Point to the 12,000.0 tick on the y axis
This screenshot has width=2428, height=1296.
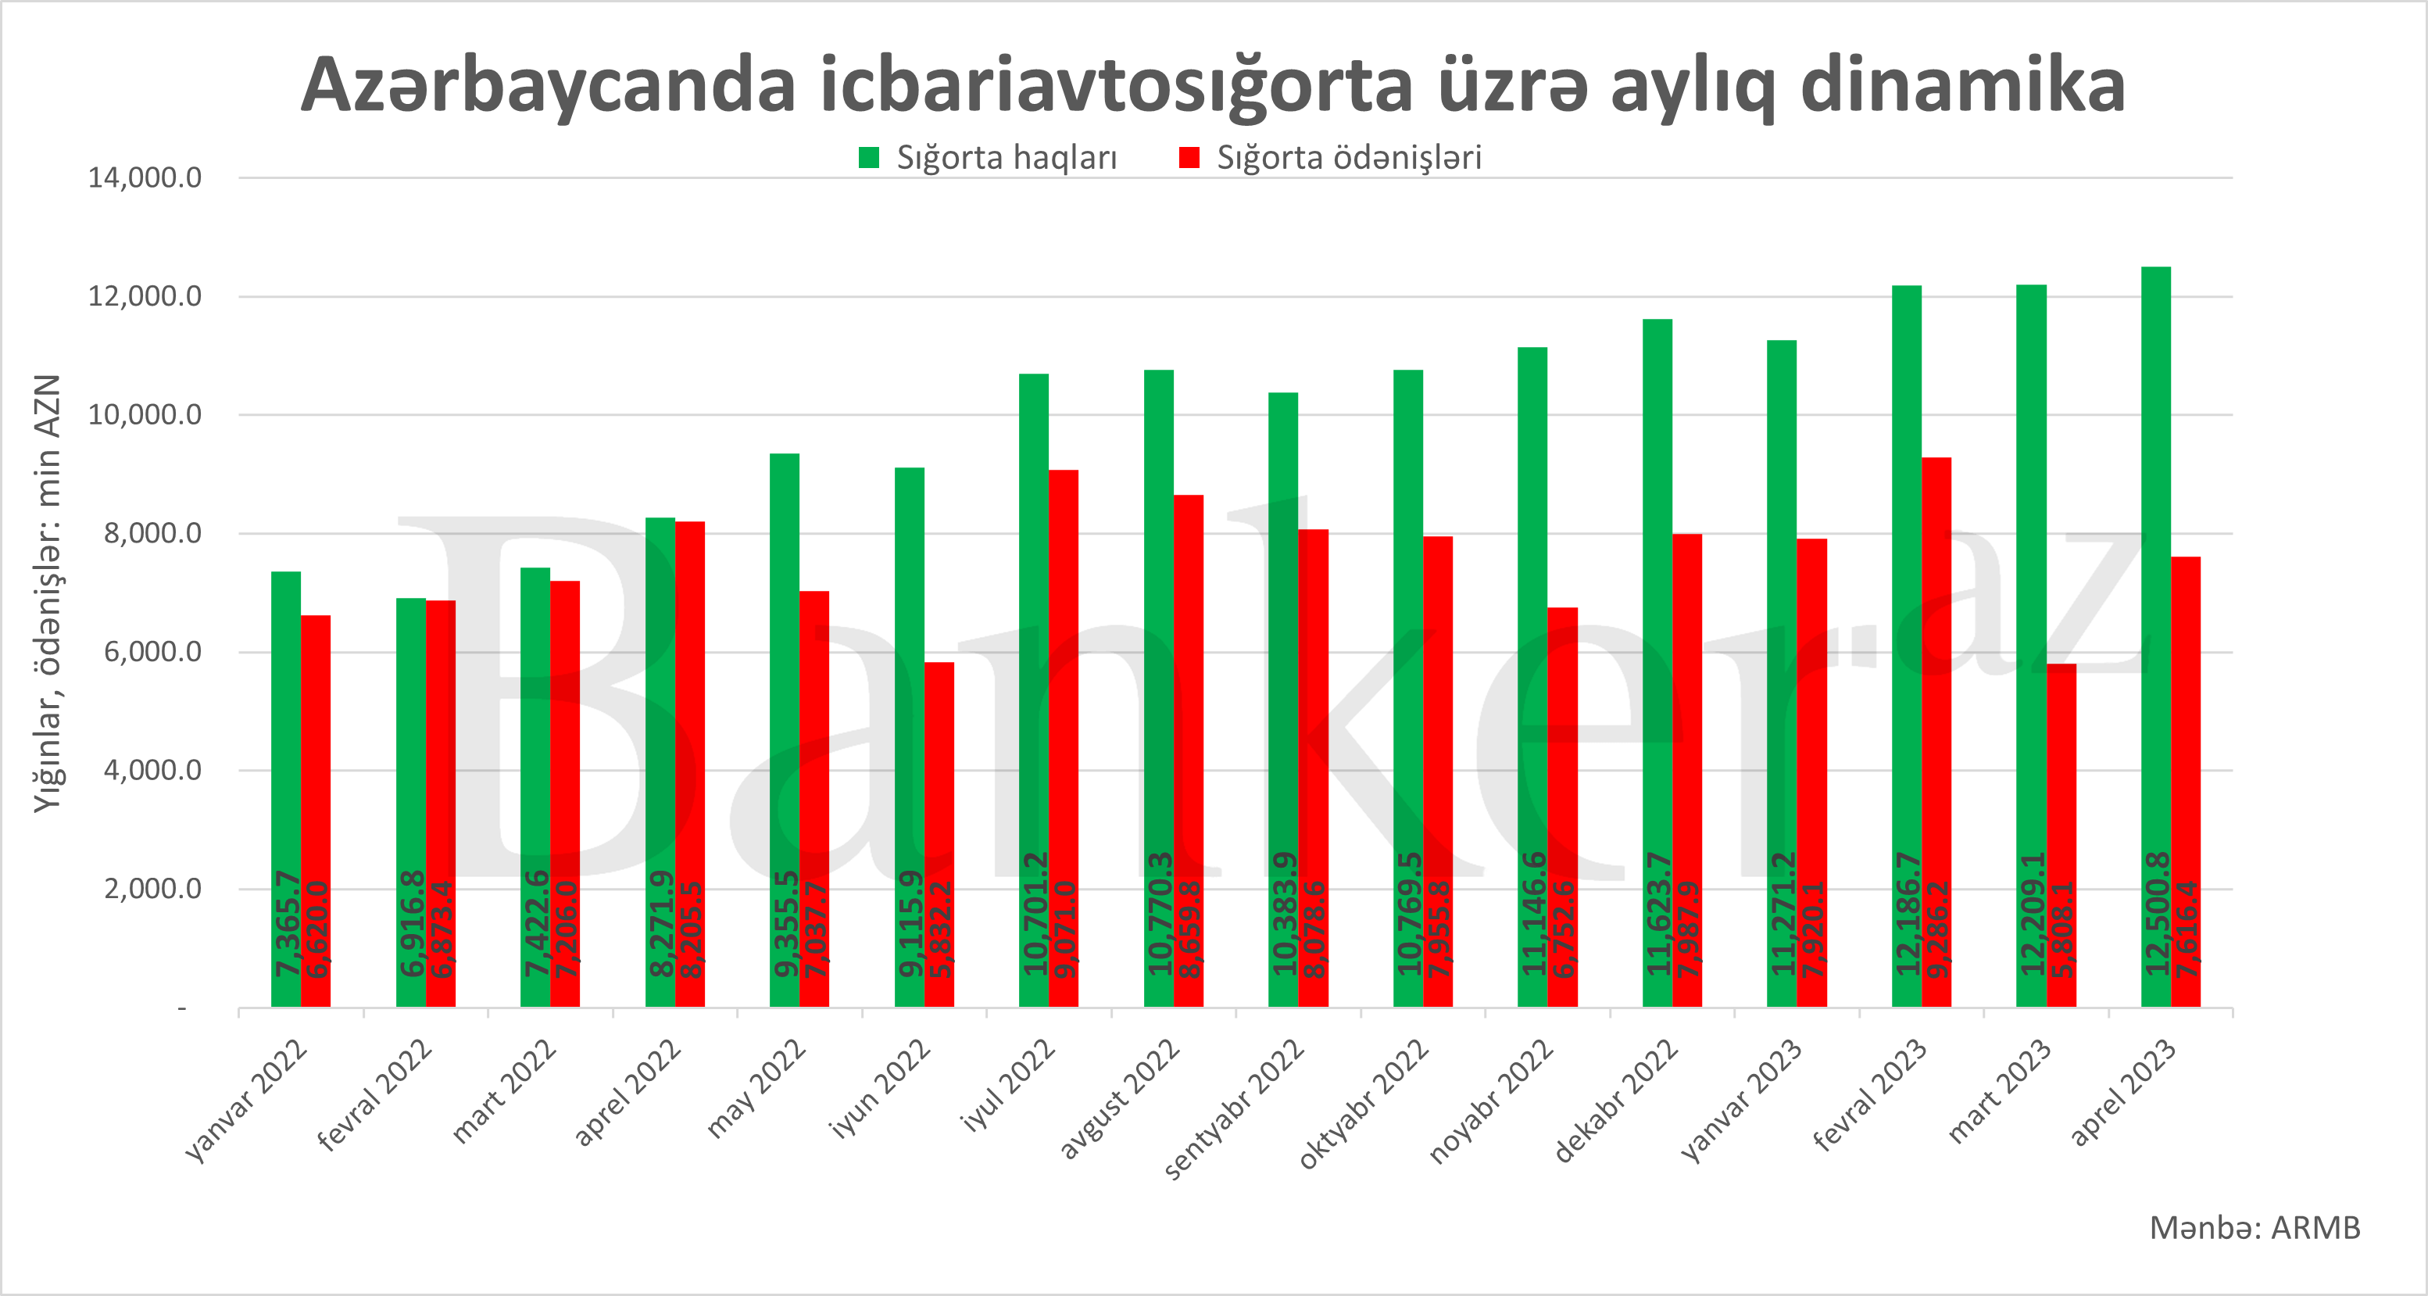coord(145,297)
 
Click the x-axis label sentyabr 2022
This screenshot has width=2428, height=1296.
coord(1235,1109)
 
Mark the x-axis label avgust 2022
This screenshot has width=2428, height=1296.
coord(1119,1098)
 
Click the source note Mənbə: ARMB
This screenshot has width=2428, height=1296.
coord(2255,1228)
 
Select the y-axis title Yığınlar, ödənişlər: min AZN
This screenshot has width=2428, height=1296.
coord(47,594)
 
